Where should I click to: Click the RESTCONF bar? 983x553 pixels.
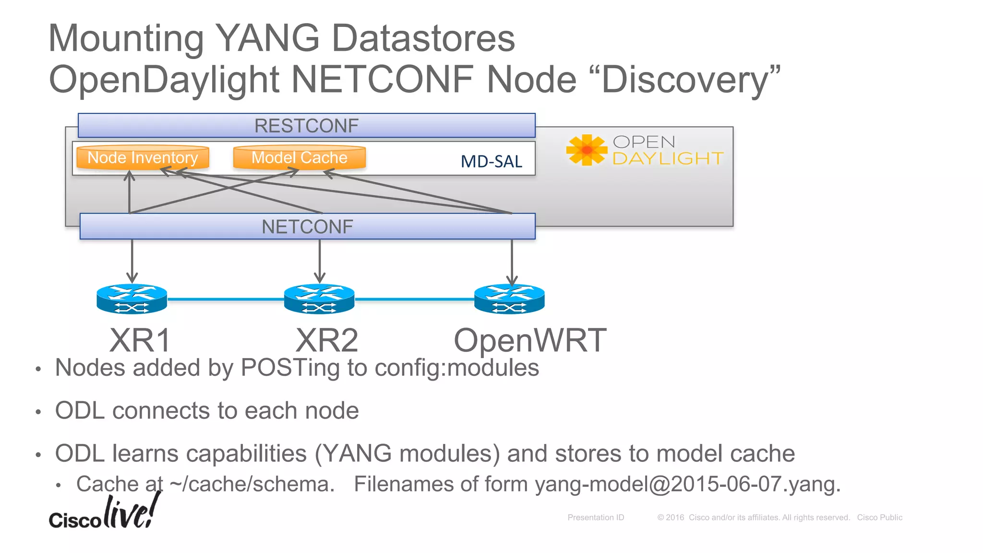[306, 126]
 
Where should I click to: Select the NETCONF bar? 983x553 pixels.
[307, 227]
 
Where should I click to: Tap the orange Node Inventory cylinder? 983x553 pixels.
[143, 157]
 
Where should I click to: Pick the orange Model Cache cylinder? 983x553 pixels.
[299, 157]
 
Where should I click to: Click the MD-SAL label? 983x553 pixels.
[491, 162]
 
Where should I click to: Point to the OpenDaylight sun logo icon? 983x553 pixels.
[587, 150]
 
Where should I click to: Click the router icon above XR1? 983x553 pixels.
[132, 299]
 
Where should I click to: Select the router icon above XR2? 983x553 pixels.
[319, 299]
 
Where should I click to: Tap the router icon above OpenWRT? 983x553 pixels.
[509, 299]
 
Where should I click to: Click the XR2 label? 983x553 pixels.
[326, 341]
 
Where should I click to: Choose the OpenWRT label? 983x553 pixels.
[530, 341]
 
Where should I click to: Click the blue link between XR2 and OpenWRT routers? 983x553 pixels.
[414, 299]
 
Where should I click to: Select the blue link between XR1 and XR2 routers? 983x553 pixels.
[226, 299]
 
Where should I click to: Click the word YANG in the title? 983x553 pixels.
[267, 38]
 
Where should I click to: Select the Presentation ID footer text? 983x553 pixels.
[596, 517]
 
